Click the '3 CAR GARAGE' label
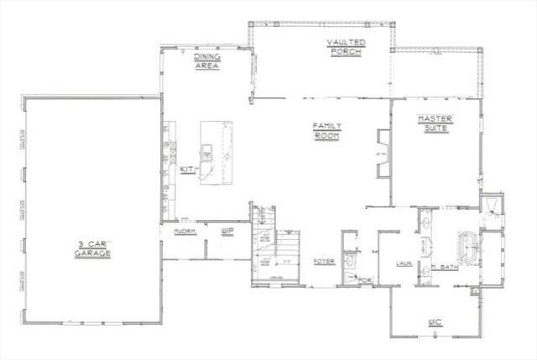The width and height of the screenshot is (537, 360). click(91, 248)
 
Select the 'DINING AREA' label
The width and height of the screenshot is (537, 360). click(207, 61)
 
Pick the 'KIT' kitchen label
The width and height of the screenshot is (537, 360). click(188, 170)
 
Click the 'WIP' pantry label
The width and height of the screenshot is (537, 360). click(227, 230)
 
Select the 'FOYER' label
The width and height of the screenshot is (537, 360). click(324, 262)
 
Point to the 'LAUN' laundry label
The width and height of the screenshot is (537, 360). click(402, 263)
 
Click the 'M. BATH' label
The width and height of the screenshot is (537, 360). click(446, 268)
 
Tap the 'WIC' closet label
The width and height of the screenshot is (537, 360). click(434, 320)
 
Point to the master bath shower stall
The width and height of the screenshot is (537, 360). click(492, 209)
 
